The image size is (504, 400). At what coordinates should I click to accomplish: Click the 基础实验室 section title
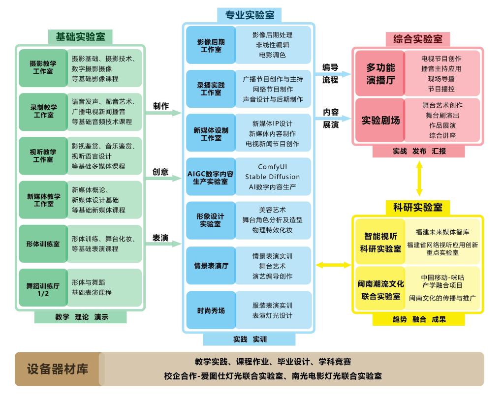(80, 37)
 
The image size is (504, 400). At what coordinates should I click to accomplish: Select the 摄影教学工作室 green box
(43, 67)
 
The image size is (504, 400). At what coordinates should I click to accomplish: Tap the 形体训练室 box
(43, 244)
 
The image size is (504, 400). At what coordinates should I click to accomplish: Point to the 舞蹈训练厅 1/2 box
(43, 288)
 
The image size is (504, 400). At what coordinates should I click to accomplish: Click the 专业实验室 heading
(250, 15)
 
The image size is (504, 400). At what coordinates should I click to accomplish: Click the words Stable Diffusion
(272, 177)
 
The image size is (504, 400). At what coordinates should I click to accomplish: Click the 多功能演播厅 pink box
(380, 73)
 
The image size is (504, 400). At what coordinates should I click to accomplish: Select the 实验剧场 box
(380, 121)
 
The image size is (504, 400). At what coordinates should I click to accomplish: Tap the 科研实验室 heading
(418, 207)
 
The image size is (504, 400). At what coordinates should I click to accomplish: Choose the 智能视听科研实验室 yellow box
(380, 242)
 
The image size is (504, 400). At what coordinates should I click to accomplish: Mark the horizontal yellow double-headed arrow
(333, 265)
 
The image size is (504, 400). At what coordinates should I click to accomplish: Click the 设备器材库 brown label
(58, 369)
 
